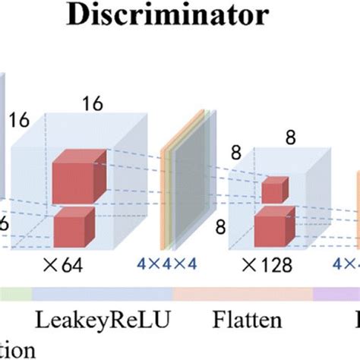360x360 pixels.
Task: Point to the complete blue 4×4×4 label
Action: click(x=166, y=264)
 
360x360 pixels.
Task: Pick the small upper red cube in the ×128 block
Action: click(x=274, y=190)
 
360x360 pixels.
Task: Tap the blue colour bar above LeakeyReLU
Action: click(x=103, y=294)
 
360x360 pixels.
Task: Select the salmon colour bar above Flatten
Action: click(x=243, y=294)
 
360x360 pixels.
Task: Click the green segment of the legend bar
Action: click(x=15, y=294)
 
